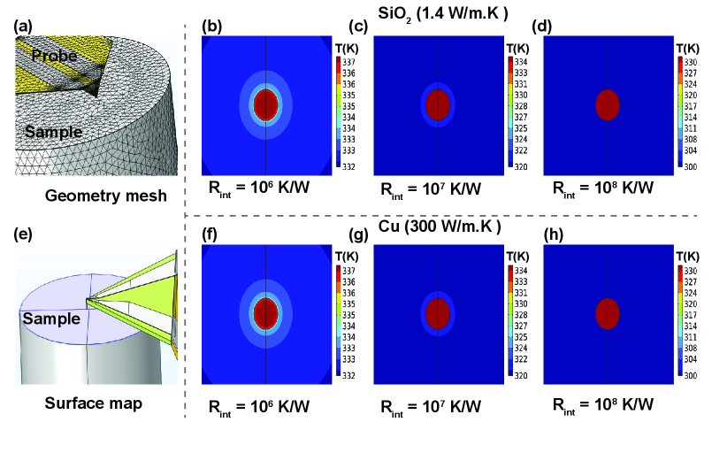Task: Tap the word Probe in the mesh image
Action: point(54,56)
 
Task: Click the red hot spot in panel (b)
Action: point(266,104)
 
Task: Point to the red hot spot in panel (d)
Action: point(607,104)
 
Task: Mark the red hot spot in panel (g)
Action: point(438,313)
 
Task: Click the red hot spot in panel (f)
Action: point(266,314)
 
